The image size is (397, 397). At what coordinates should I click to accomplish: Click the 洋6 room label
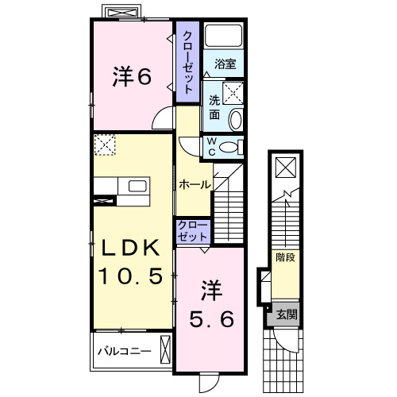coord(132,76)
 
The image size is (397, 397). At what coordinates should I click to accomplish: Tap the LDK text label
coord(131,248)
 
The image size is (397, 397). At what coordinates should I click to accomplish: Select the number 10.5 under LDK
coord(130,276)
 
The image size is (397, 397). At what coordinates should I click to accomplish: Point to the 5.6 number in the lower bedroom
coord(211,318)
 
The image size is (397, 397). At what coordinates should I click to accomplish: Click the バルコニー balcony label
coord(125,352)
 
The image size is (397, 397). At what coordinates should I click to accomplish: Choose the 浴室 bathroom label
coord(225,64)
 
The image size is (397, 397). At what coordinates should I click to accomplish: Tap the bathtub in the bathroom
coord(224,36)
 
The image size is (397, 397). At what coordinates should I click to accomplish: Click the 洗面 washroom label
coord(214,107)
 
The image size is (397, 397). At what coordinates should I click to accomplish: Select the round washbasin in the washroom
coord(236,120)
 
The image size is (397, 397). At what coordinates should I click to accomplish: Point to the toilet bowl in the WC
coord(228,147)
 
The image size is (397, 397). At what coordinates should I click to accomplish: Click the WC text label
coord(211,147)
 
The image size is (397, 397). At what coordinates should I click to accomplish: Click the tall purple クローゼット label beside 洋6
coord(187,63)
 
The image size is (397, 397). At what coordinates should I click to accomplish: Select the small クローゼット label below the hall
coord(192,231)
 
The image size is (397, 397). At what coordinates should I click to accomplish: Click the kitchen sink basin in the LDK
coord(137,186)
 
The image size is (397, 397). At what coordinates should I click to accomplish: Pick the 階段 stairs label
coord(285,257)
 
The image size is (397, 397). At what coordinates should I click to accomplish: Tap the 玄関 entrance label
coord(287,314)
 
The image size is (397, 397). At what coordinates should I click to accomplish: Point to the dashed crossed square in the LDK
coord(105,145)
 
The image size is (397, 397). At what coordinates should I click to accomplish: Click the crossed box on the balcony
coord(165,350)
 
